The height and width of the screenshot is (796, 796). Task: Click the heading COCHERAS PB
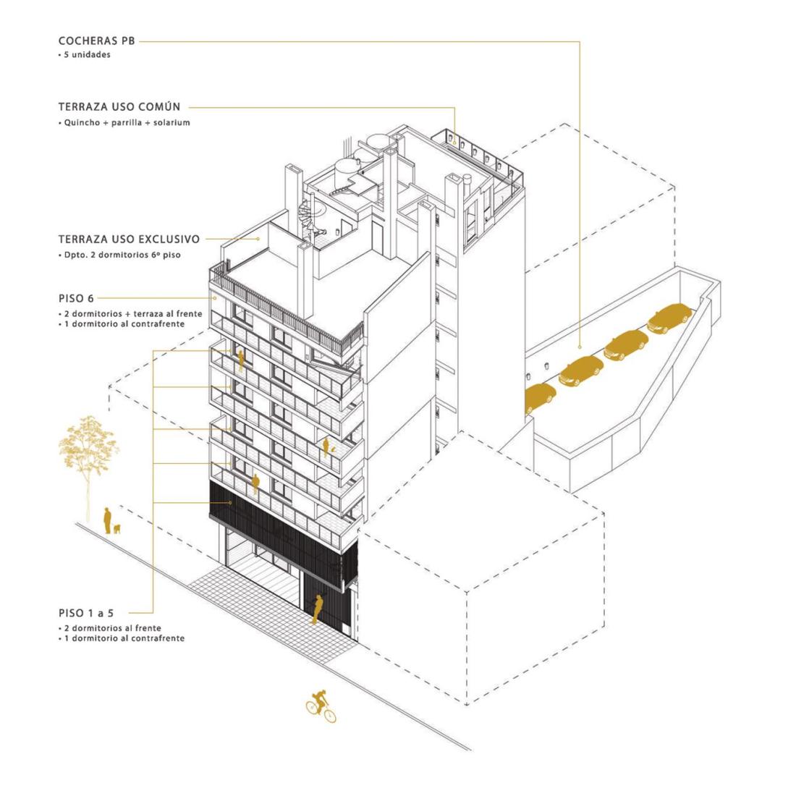pyautogui.click(x=96, y=41)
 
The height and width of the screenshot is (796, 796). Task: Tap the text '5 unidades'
pyautogui.click(x=87, y=55)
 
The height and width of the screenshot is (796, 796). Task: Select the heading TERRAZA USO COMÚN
pyautogui.click(x=119, y=106)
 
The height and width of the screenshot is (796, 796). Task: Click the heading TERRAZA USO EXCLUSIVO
pyautogui.click(x=129, y=239)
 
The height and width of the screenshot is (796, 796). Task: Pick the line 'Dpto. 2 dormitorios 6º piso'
pyautogui.click(x=122, y=255)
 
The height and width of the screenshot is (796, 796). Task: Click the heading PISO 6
pyautogui.click(x=76, y=298)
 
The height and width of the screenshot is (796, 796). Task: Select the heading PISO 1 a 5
pyautogui.click(x=86, y=613)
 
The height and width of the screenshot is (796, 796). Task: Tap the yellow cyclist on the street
pyautogui.click(x=321, y=706)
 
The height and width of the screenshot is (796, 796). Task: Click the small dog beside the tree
pyautogui.click(x=117, y=528)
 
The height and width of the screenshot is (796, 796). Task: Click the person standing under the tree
pyautogui.click(x=107, y=520)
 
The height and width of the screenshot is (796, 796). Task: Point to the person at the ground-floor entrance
pyautogui.click(x=317, y=609)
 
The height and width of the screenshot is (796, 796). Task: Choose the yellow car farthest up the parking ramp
pyautogui.click(x=669, y=318)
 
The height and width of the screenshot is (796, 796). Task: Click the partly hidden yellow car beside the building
pyautogui.click(x=538, y=397)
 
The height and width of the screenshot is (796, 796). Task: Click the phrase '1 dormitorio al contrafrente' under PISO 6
pyautogui.click(x=124, y=324)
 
